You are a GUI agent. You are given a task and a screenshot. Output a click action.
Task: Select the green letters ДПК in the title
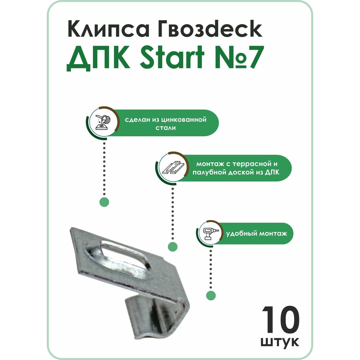[x=98, y=57]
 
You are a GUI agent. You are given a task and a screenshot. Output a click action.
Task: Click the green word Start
[x=172, y=57]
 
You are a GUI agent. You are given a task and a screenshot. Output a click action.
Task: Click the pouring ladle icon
[x=103, y=122]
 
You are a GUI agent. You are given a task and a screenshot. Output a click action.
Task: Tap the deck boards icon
[x=173, y=168]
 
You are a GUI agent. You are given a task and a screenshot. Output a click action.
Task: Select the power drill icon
[x=210, y=233]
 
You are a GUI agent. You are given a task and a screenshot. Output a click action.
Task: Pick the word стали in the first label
[x=166, y=128]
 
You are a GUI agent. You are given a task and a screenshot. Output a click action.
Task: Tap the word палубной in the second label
[x=209, y=172]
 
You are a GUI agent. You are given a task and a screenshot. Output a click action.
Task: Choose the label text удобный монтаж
[x=256, y=234]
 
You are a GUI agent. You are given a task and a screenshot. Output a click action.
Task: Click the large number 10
[x=280, y=319]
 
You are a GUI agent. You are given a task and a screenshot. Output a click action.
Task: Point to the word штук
[x=280, y=342]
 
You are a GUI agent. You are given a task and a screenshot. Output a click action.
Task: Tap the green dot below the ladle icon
[x=104, y=202]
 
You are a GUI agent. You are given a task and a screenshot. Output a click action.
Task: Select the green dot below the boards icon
[x=173, y=247]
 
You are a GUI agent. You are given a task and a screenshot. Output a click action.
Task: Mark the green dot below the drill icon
[x=211, y=295]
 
